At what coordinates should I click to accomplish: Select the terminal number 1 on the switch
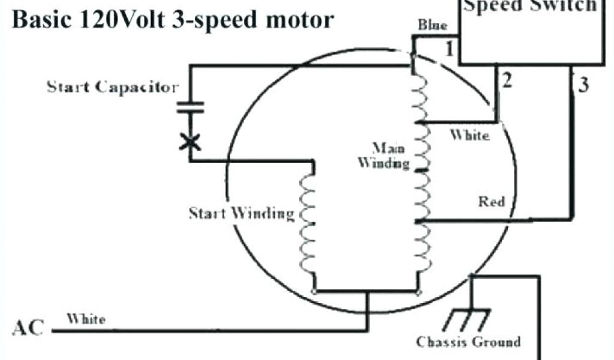449,50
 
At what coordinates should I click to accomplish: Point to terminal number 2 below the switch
507,81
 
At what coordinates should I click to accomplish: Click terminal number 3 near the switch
583,85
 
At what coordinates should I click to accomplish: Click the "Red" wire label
492,201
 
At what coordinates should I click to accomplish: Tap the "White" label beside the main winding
469,136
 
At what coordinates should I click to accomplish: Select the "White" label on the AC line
86,319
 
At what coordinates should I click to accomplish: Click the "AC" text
28,329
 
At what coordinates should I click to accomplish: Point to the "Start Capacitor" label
113,88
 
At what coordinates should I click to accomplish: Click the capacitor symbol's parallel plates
190,107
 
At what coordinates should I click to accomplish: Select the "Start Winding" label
242,214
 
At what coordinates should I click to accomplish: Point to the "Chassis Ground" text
468,343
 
